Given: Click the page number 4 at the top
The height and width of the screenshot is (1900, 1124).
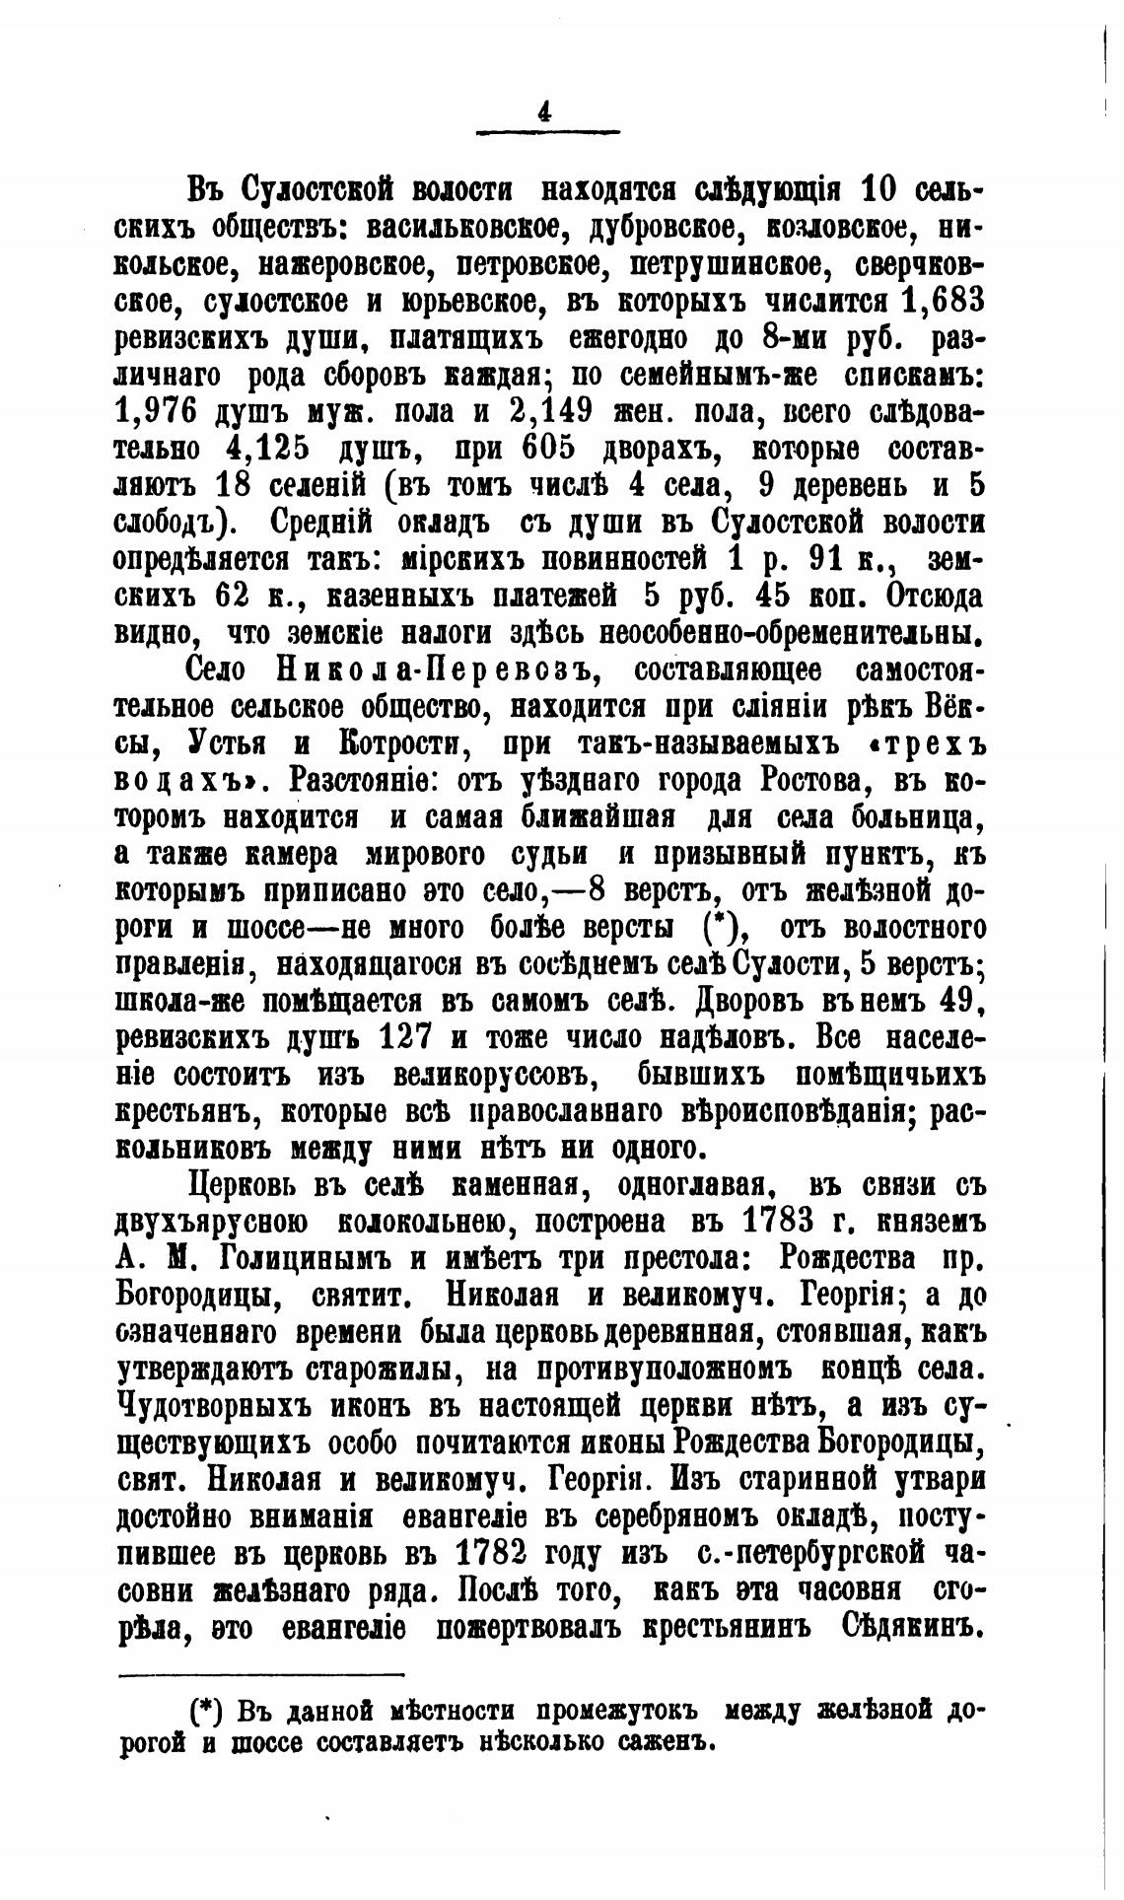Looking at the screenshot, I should (x=544, y=112).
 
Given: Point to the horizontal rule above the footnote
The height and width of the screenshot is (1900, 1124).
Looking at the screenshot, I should (x=260, y=1673).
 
